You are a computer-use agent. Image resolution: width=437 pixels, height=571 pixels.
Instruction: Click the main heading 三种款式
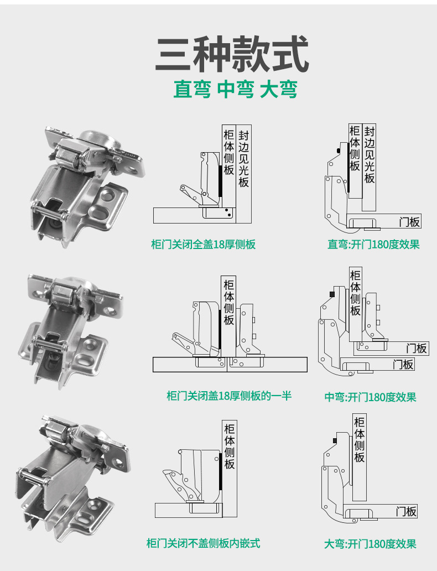(x=232, y=54)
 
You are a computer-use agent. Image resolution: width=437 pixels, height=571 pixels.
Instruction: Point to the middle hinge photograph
(x=75, y=326)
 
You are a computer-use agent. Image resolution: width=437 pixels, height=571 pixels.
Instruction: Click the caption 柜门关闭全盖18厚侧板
(x=204, y=244)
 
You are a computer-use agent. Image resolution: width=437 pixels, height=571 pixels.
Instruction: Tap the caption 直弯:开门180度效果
(x=373, y=244)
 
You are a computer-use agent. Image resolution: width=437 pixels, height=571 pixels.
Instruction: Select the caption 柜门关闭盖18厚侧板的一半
(x=228, y=396)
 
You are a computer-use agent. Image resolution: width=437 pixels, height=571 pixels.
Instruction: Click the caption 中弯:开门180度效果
(x=370, y=397)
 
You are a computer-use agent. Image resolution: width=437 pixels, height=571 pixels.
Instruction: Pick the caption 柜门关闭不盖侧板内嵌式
(x=203, y=543)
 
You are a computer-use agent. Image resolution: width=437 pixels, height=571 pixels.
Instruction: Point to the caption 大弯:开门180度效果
(x=370, y=544)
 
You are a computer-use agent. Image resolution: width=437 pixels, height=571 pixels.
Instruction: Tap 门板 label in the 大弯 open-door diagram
(x=405, y=512)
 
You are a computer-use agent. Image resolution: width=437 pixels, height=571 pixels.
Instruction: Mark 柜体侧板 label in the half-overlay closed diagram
(x=229, y=302)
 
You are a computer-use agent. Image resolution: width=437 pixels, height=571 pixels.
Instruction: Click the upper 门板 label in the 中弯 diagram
(x=417, y=349)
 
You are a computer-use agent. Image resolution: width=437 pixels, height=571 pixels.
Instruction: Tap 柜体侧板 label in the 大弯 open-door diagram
(x=360, y=439)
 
